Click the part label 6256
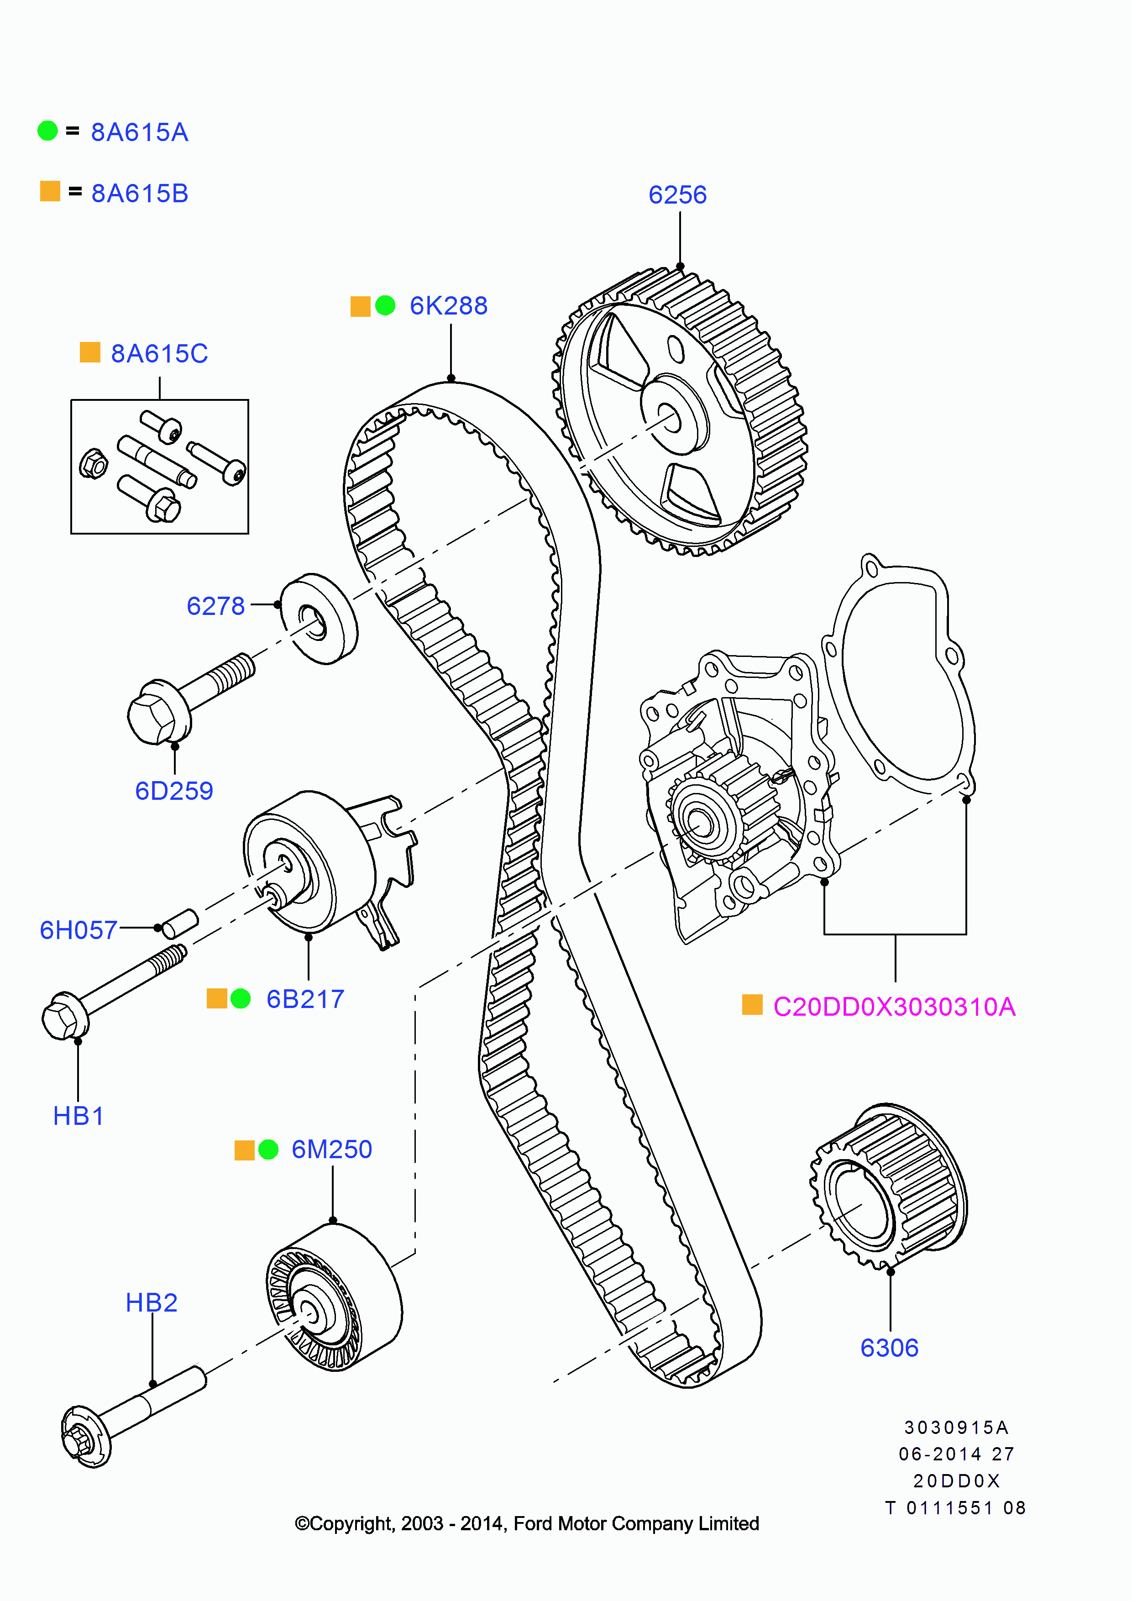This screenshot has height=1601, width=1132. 677,194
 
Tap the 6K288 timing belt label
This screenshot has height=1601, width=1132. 448,305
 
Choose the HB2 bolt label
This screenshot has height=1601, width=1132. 151,1302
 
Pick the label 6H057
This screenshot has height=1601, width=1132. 78,930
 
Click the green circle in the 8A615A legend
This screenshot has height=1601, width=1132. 47,131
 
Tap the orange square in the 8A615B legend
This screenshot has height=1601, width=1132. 50,191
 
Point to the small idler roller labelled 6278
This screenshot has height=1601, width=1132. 319,619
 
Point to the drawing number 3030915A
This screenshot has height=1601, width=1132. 956,1428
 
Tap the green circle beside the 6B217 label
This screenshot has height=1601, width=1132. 241,998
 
